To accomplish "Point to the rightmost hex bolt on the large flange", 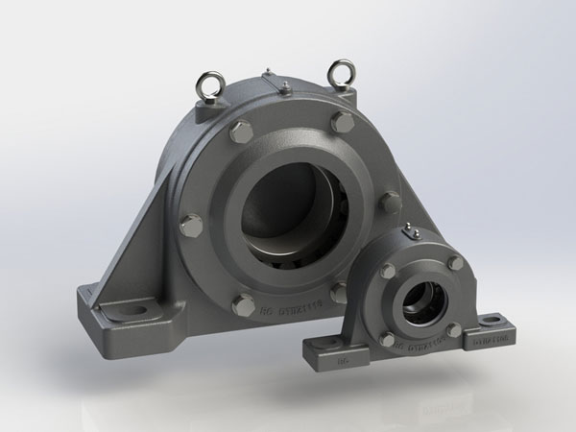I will tap(389, 203).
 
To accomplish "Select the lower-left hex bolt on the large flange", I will tap(244, 306).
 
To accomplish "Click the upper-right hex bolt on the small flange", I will tap(454, 262).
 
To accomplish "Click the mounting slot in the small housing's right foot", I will tap(497, 322).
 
